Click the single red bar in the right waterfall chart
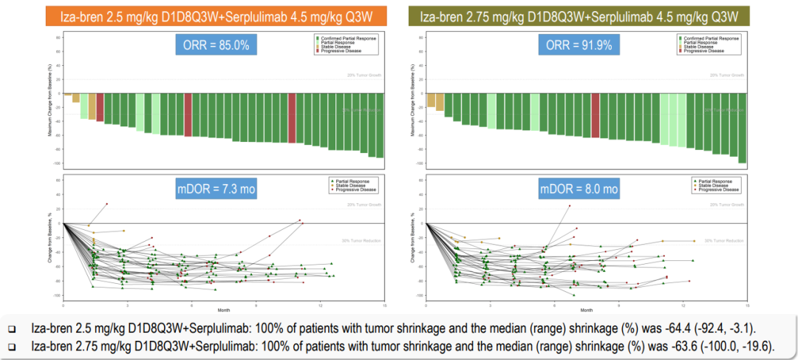click(596, 115)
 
